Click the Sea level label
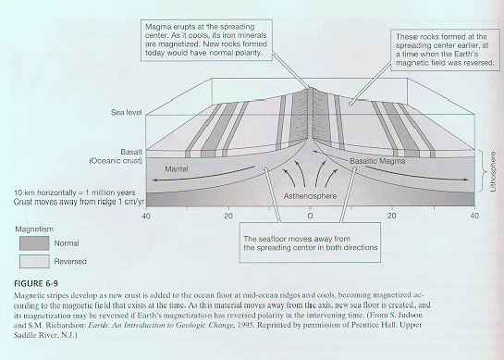pos(127,112)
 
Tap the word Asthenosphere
pos(310,196)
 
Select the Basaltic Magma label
pos(377,161)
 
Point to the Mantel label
pos(177,168)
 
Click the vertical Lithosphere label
pos(493,172)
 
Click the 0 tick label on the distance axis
pos(310,216)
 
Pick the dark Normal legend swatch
pos(34,243)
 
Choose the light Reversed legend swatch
pos(34,261)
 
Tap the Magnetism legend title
pos(34,230)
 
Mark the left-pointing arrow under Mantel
pos(203,175)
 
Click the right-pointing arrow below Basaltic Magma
pos(416,174)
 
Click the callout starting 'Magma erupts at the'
pos(206,40)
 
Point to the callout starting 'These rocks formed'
pos(445,50)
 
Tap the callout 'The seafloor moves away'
pos(311,242)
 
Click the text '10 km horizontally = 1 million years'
pos(75,192)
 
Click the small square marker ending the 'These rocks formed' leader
pos(350,104)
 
